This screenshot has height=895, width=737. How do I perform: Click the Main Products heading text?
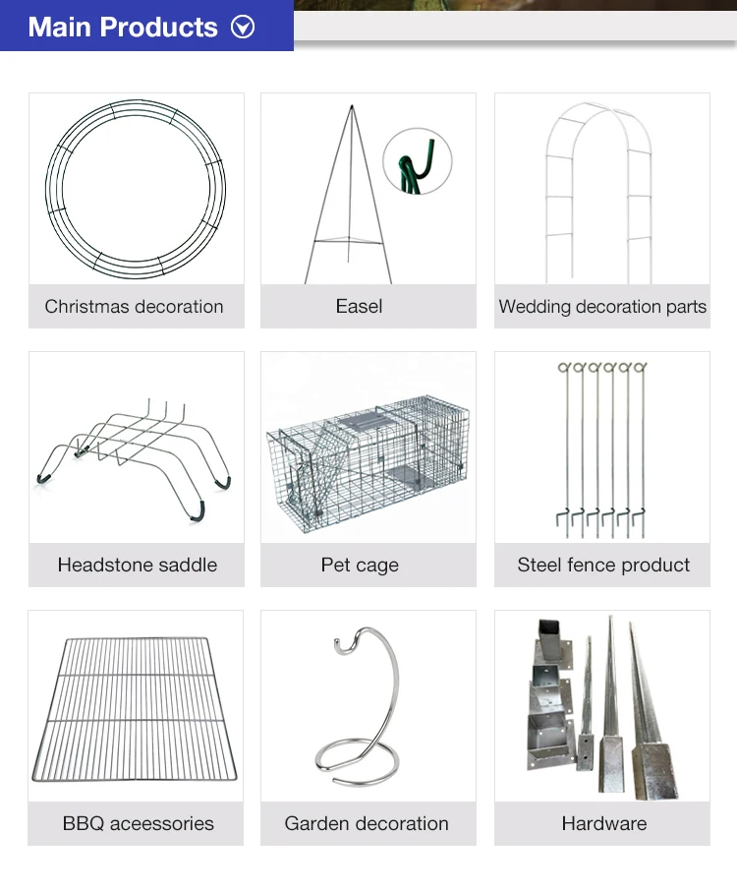pyautogui.click(x=123, y=27)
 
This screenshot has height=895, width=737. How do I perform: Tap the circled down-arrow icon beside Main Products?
pyautogui.click(x=243, y=27)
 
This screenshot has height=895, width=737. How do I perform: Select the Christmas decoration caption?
pyautogui.click(x=135, y=306)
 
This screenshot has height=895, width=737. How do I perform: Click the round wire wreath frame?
pyautogui.click(x=137, y=188)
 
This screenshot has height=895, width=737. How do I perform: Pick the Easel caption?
pyautogui.click(x=359, y=306)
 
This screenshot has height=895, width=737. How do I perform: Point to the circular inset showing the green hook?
pyautogui.click(x=417, y=162)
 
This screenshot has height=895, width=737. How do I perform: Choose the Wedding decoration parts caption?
pyautogui.click(x=602, y=306)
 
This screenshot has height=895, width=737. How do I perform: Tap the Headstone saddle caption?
pyautogui.click(x=137, y=565)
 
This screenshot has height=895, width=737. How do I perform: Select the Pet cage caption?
pyautogui.click(x=360, y=565)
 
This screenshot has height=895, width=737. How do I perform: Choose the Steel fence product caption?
pyautogui.click(x=603, y=565)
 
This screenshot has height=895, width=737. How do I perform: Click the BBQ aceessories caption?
pyautogui.click(x=138, y=823)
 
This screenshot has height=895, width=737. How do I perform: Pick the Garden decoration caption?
pyautogui.click(x=367, y=823)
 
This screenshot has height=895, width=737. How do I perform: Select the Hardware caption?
pyautogui.click(x=603, y=823)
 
